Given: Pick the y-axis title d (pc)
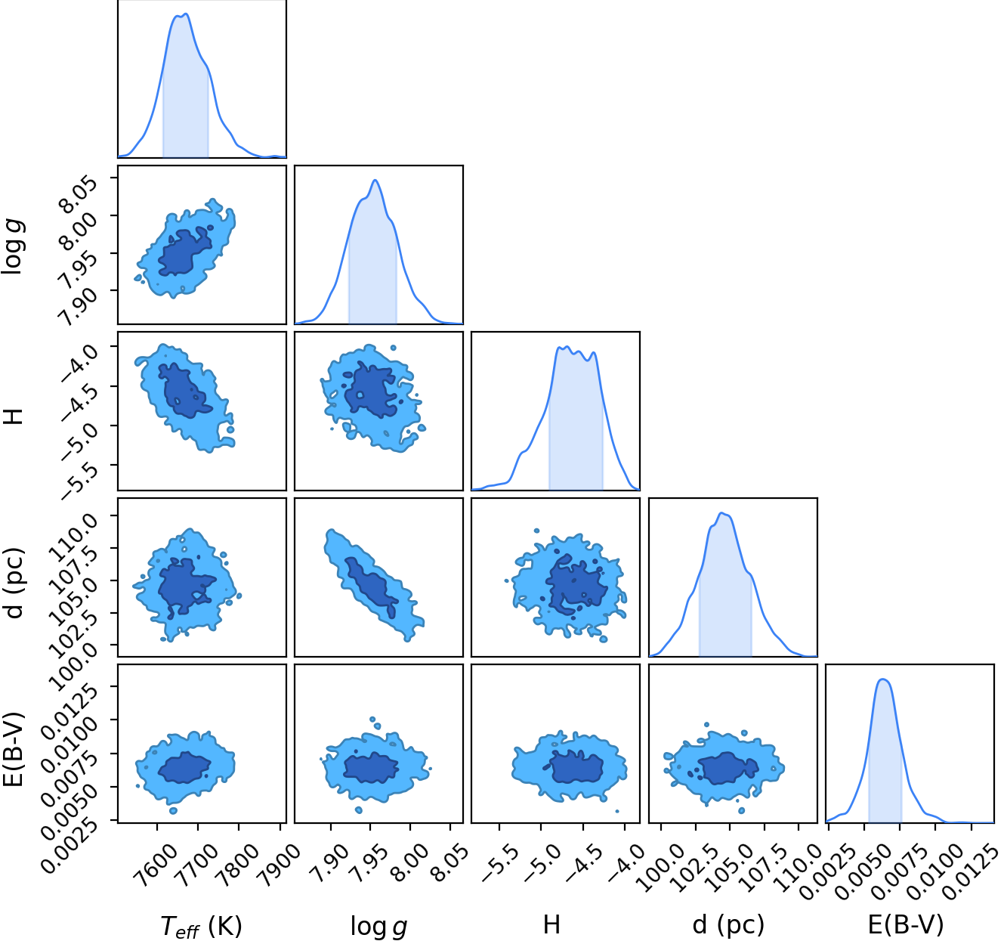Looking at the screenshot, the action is tap(14, 582).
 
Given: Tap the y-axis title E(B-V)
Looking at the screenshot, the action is tap(14, 749).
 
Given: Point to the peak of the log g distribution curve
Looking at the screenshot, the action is tap(375, 180).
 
